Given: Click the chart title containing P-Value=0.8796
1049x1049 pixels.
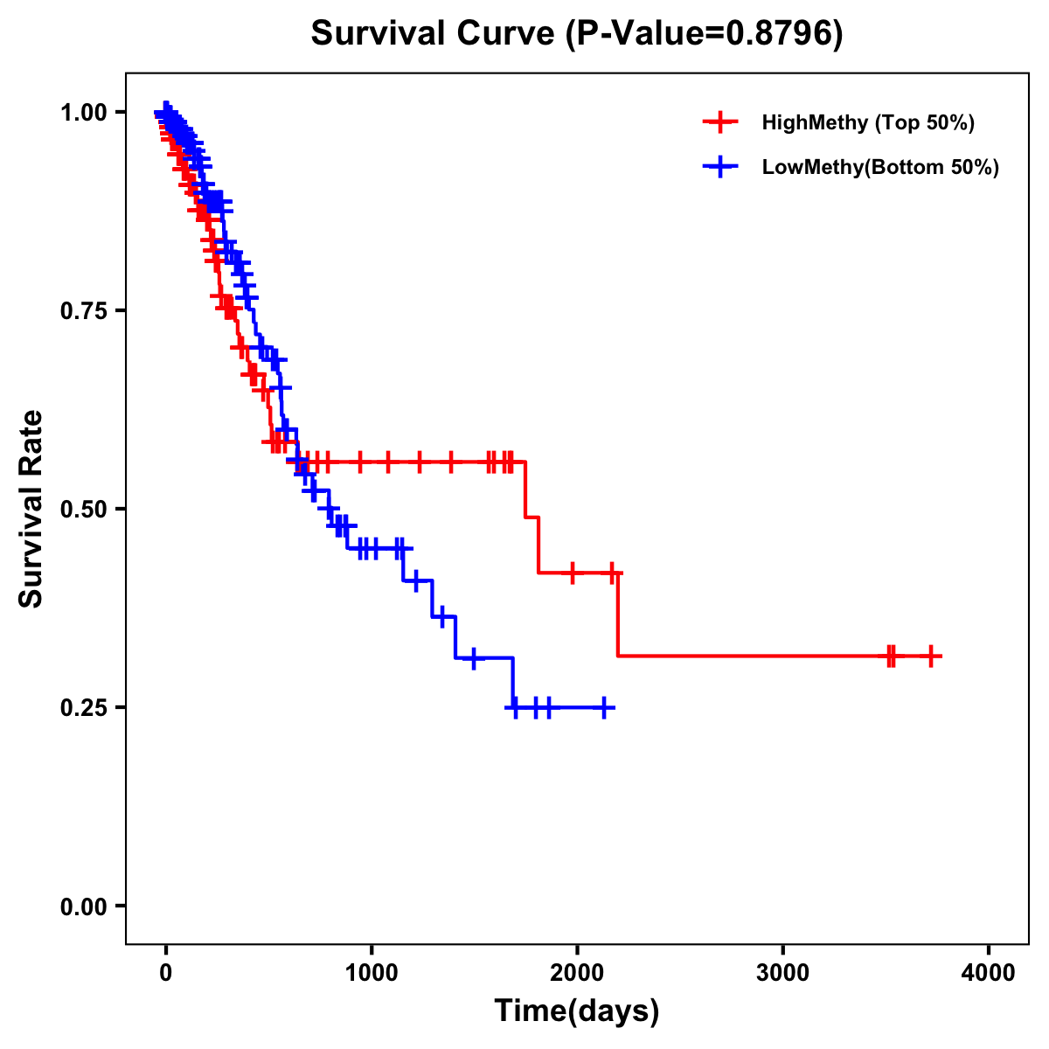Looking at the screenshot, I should click(x=577, y=34).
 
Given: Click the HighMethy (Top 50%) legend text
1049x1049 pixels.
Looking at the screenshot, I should click(x=867, y=122).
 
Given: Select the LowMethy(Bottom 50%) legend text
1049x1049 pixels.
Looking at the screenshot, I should click(x=880, y=167).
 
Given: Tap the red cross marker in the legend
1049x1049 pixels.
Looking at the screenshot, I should click(x=720, y=122).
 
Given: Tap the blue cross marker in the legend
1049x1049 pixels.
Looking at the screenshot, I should click(x=720, y=167).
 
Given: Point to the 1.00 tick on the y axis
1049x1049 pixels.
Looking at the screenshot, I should click(x=83, y=112).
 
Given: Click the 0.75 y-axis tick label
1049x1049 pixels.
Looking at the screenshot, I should click(x=83, y=310).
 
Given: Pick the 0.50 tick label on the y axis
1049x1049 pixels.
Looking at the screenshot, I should click(x=83, y=509).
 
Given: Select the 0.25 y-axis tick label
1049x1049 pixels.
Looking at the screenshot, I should click(x=83, y=707).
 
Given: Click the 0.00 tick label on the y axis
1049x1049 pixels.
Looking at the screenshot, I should click(x=83, y=906).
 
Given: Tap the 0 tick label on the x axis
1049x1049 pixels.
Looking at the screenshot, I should click(x=165, y=973).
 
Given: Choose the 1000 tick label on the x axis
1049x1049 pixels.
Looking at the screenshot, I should click(x=372, y=973).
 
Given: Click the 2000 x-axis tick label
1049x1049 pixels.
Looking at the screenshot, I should click(x=577, y=973).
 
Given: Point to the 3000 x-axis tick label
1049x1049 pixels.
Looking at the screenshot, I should click(x=782, y=973).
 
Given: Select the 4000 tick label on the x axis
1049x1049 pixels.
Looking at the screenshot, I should click(x=989, y=973).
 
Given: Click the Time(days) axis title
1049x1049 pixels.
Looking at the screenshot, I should click(x=577, y=1011).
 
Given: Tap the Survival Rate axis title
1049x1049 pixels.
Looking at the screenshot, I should click(x=31, y=509).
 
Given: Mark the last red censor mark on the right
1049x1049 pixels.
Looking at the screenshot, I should click(x=931, y=656).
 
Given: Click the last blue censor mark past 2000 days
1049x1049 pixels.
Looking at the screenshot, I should click(x=603, y=707).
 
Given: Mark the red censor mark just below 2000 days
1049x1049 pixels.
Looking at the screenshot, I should click(x=573, y=573).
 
